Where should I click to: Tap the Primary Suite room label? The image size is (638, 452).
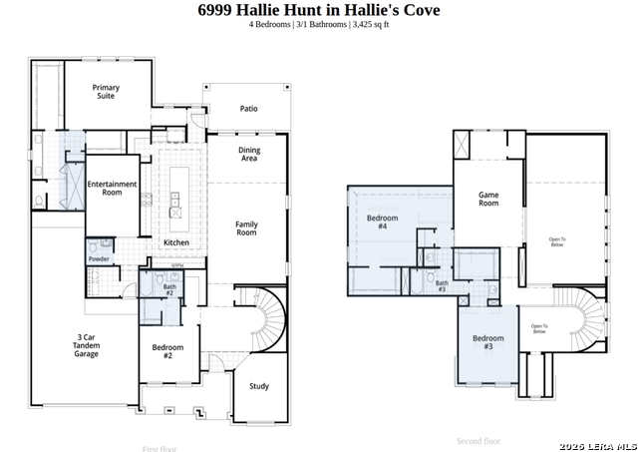(x=106, y=92)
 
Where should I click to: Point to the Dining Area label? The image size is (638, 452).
(x=248, y=154)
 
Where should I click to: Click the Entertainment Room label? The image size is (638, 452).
(x=111, y=189)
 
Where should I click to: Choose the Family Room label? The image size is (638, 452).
(x=246, y=228)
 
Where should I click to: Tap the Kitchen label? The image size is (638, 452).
(x=175, y=243)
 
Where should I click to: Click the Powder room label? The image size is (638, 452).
(x=99, y=259)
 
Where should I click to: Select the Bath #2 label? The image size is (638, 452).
(x=169, y=290)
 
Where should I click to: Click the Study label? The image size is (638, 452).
(x=259, y=386)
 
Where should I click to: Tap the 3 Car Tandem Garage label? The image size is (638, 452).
(x=87, y=345)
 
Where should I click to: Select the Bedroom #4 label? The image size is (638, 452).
(x=383, y=222)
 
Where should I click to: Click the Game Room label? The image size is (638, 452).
(x=488, y=199)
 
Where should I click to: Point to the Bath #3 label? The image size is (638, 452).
(x=441, y=285)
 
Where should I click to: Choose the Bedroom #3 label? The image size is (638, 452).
(x=488, y=341)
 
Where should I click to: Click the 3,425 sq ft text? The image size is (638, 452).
(x=369, y=24)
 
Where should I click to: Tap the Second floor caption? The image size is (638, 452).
(x=478, y=441)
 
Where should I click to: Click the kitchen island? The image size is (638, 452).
(x=176, y=194)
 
